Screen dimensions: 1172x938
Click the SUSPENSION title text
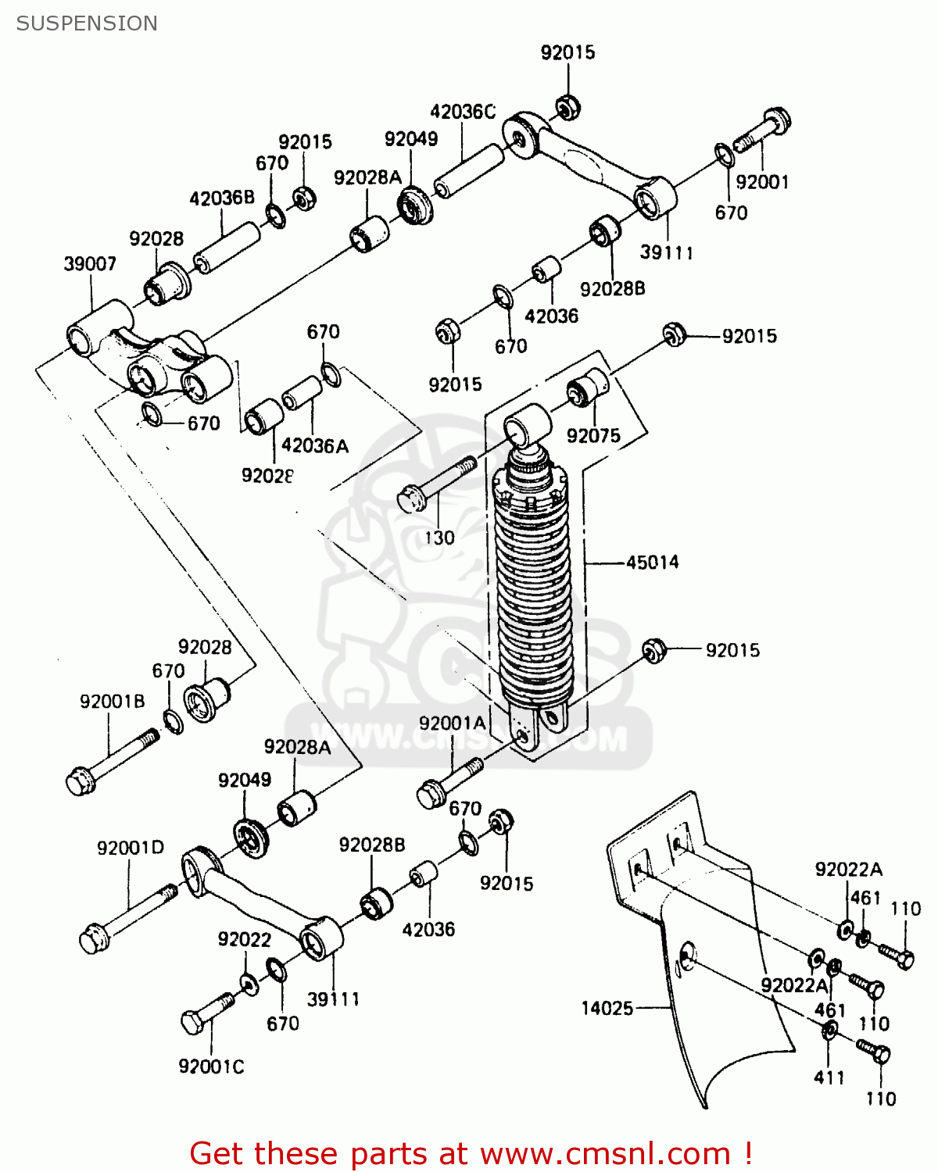(87, 23)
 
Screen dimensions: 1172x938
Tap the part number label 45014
(652, 562)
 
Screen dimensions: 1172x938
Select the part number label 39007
(90, 264)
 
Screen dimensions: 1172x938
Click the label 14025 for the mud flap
(607, 1008)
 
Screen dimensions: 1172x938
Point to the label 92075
(593, 436)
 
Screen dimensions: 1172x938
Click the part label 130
(439, 538)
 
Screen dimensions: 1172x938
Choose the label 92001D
(131, 848)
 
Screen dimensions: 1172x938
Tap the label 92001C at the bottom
(211, 1067)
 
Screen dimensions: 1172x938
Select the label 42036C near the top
(463, 112)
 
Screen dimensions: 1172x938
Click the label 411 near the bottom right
(829, 1077)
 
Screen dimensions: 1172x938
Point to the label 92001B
(113, 702)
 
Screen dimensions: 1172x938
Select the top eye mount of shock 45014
(527, 424)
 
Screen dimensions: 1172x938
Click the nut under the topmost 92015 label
(567, 106)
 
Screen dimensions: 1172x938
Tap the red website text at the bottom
(471, 1153)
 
